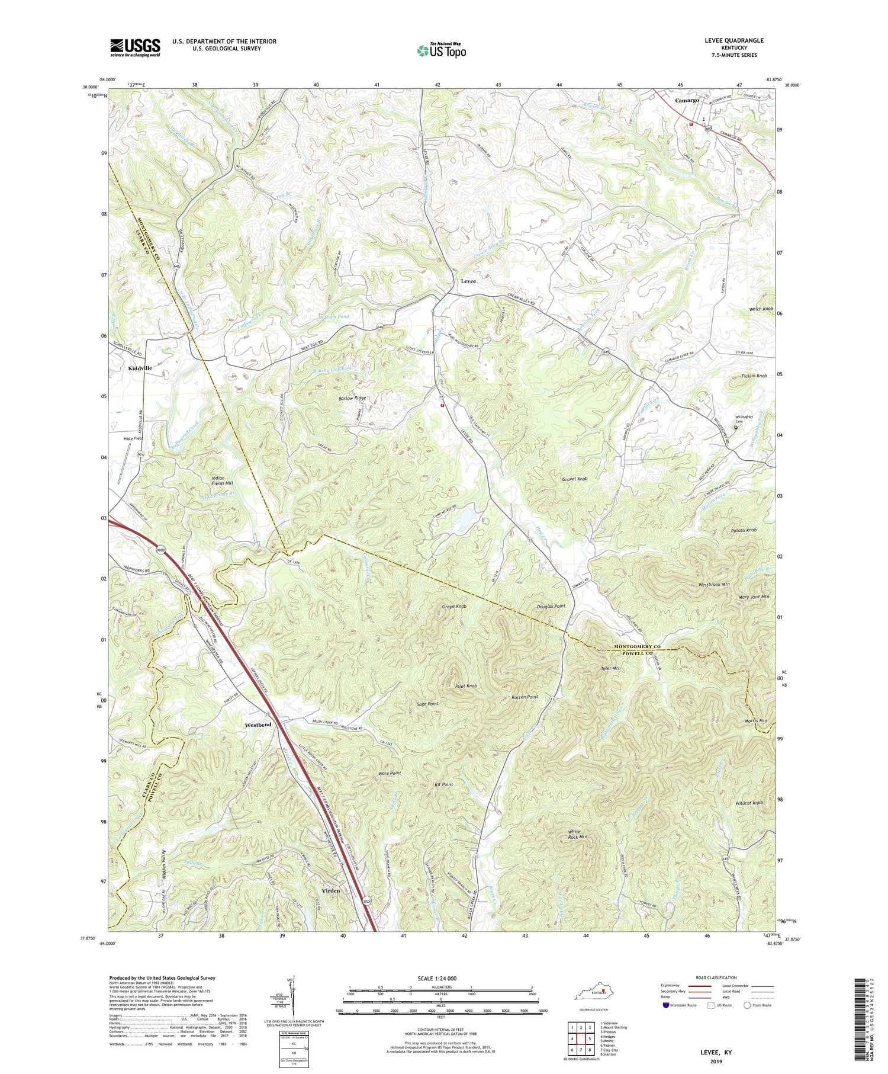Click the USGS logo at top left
click(x=135, y=47)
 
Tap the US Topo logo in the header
click(x=441, y=51)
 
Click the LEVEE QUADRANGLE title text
click(x=735, y=40)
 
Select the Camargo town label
click(x=687, y=101)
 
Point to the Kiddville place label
click(x=140, y=368)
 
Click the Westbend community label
click(x=258, y=724)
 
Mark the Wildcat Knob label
click(x=748, y=803)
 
